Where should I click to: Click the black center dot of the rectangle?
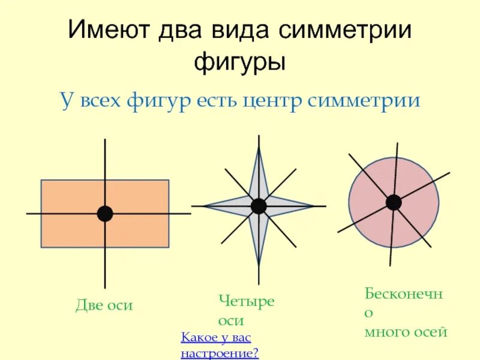105,214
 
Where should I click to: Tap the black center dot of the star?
259,206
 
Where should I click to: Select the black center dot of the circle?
394,202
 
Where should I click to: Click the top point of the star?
259,148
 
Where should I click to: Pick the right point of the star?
313,206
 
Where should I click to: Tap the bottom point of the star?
259,264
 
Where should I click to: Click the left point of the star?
205,206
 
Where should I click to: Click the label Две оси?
104,306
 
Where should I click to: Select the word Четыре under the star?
246,301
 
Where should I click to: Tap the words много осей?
406,332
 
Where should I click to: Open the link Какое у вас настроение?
220,346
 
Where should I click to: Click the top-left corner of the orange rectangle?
41,181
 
